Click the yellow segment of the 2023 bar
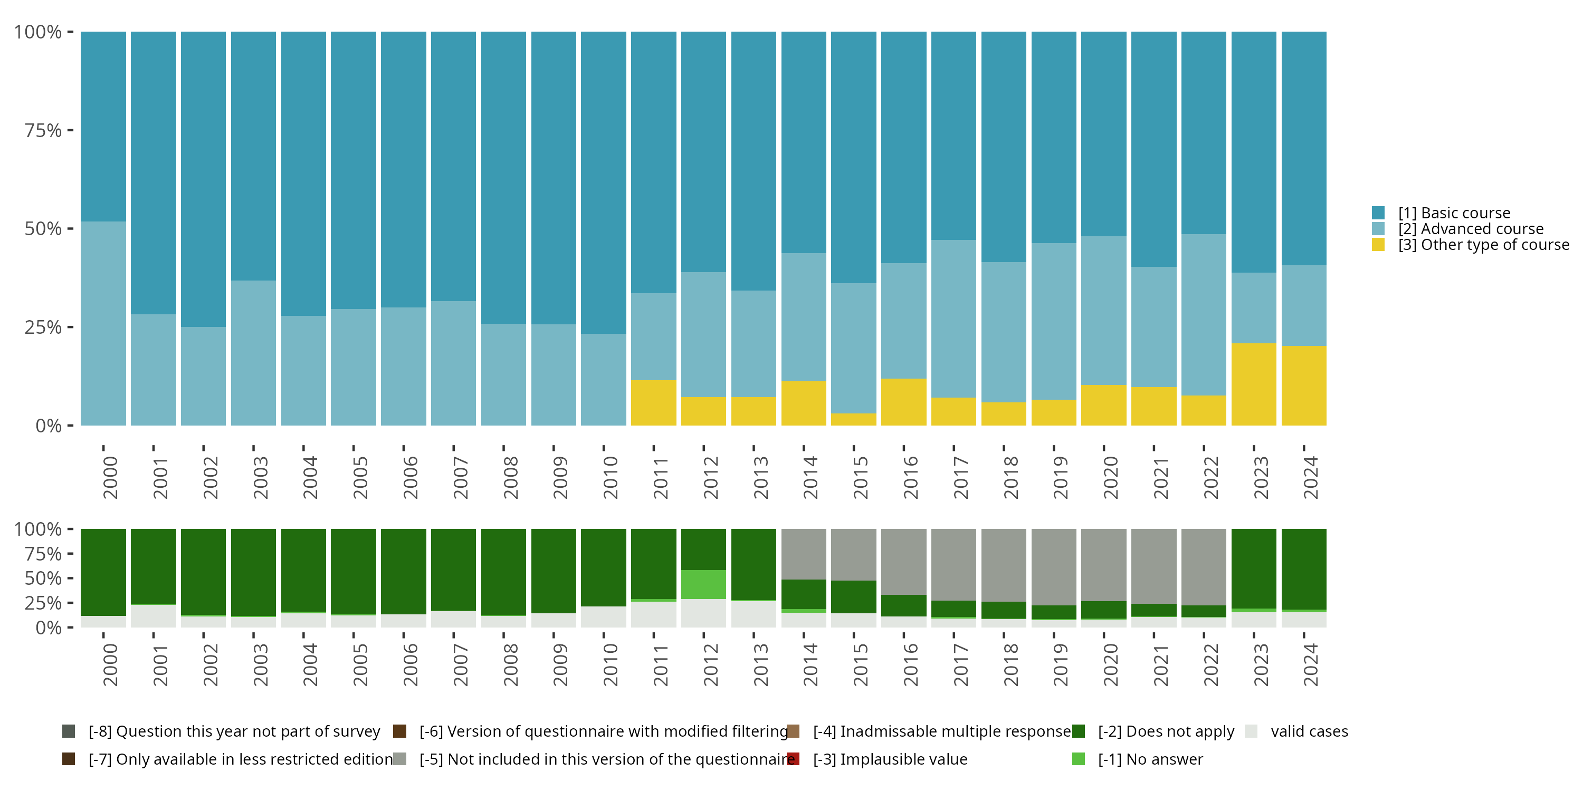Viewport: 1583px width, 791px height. (x=1254, y=384)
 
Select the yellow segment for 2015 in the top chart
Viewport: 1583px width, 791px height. (x=854, y=419)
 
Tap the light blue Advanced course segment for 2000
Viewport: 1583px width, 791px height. (x=103, y=323)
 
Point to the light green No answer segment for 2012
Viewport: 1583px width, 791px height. (x=703, y=584)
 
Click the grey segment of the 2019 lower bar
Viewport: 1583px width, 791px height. (x=1054, y=566)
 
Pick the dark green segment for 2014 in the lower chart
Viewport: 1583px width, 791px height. (x=804, y=594)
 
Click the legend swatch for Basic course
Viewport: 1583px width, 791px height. (x=1378, y=213)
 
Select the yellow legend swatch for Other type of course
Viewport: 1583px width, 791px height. (x=1378, y=245)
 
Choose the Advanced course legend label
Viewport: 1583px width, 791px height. (x=1471, y=229)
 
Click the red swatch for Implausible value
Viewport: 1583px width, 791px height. (x=793, y=759)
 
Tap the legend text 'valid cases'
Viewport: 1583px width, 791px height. (x=1309, y=731)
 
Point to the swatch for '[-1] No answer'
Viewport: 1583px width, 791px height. (x=1079, y=759)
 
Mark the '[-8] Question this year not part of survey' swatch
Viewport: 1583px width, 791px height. (x=69, y=731)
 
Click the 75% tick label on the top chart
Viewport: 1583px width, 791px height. (x=43, y=130)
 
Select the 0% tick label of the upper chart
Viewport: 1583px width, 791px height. (x=49, y=426)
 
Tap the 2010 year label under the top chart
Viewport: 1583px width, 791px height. (x=610, y=477)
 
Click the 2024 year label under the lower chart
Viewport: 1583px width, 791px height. (x=1310, y=664)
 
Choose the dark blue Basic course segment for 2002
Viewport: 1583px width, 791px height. (x=203, y=179)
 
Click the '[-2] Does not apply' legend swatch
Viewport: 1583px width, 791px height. (x=1079, y=731)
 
